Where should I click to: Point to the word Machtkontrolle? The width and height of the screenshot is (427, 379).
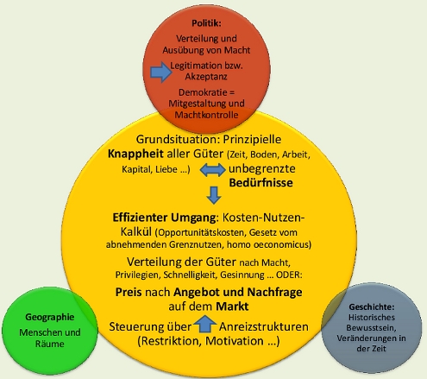pyautogui.click(x=213, y=115)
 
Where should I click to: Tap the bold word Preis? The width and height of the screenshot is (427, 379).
pyautogui.click(x=129, y=293)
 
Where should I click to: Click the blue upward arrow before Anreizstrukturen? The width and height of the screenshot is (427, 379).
pyautogui.click(x=204, y=325)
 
